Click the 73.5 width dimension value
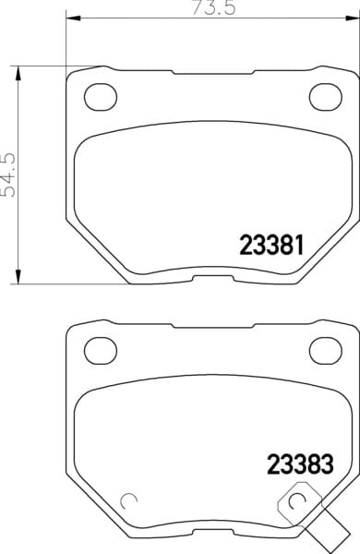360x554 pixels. coord(213,7)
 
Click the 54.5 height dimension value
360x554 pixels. coord(8,175)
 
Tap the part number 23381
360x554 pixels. coord(271,246)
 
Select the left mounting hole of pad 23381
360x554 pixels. coord(101,96)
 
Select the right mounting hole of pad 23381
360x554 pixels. coord(325,96)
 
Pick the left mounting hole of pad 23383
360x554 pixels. coord(101,350)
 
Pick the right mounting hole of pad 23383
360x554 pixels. coord(325,350)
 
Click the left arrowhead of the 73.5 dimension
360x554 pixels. coord(74,18)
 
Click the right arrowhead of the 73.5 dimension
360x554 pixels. coord(352,18)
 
